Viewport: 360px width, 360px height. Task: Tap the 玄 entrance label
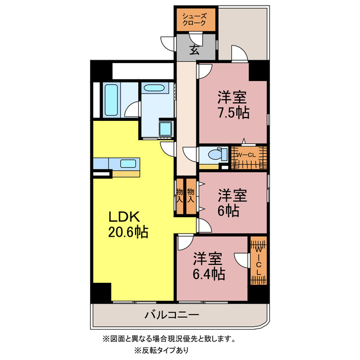tap(194, 49)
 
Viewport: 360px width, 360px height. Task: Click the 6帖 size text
tap(229, 211)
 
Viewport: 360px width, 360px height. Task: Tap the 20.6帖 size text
tap(128, 232)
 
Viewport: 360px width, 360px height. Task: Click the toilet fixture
tap(214, 154)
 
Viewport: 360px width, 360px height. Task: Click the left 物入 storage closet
tap(181, 195)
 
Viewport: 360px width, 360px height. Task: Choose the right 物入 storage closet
tap(191, 195)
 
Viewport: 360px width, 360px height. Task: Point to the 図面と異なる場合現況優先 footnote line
tap(169, 339)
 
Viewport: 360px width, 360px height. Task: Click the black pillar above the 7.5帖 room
tap(258, 70)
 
